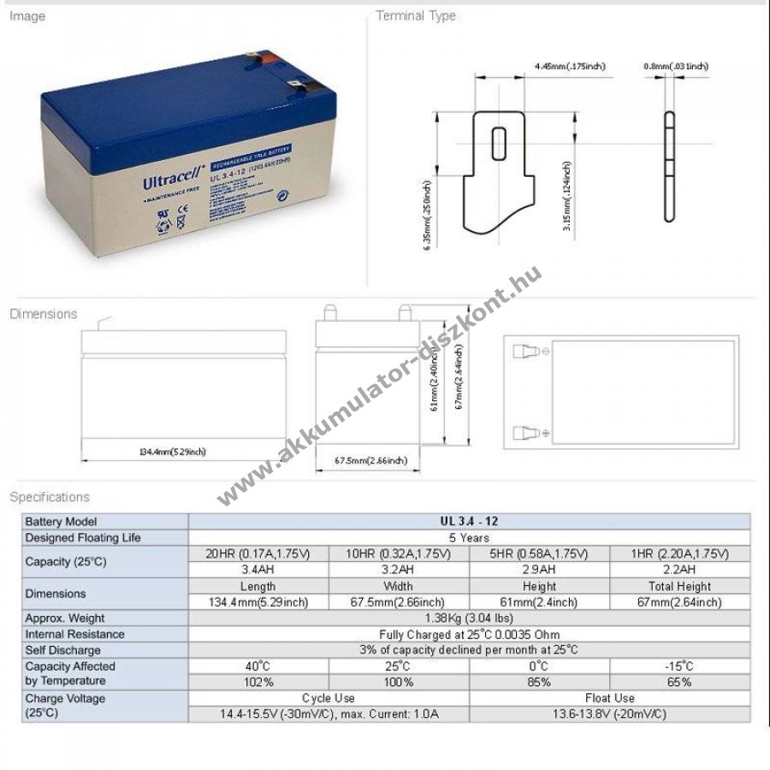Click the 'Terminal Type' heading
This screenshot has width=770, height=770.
[x=416, y=15]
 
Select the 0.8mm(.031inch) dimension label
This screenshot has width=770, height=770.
[x=676, y=66]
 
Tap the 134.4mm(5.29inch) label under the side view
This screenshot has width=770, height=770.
[x=172, y=451]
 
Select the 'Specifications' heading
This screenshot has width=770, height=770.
[x=50, y=496]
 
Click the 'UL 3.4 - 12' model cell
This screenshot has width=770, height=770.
[x=469, y=521]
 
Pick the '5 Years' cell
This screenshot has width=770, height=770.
[x=469, y=537]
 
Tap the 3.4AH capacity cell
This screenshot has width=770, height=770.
[x=258, y=569]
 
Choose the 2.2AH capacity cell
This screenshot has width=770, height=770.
[x=680, y=569]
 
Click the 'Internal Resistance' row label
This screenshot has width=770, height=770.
[x=74, y=634]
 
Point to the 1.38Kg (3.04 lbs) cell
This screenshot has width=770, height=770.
[x=469, y=618]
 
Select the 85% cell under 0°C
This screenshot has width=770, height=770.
[x=539, y=682]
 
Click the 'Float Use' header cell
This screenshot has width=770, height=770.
[x=609, y=698]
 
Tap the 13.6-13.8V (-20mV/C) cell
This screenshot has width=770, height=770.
[x=609, y=714]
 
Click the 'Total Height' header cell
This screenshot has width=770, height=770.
[x=680, y=586]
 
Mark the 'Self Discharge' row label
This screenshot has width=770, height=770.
[x=62, y=650]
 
